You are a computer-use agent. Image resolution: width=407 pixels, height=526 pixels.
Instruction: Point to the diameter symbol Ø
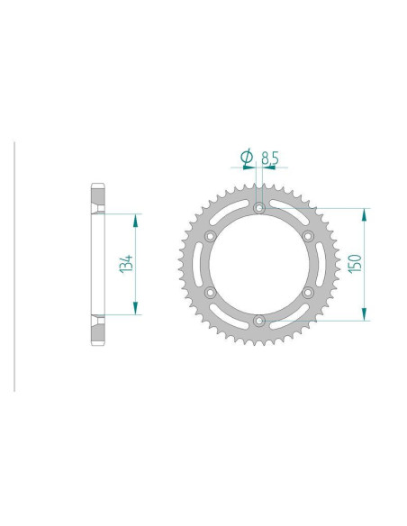click(x=246, y=159)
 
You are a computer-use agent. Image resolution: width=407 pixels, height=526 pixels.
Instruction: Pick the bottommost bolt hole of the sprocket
click(x=259, y=319)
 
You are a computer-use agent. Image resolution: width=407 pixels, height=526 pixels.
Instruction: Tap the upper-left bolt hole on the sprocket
click(x=211, y=236)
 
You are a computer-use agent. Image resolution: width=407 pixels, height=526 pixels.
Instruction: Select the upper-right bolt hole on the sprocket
click(x=307, y=236)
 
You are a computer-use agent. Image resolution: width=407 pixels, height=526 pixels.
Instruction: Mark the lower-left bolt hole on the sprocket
click(x=211, y=292)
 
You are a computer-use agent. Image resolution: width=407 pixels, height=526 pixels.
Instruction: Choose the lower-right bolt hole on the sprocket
click(x=307, y=292)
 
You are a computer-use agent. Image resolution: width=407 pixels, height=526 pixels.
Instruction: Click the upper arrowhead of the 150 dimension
click(x=365, y=214)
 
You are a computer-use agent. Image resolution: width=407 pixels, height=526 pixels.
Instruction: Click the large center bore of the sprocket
click(x=259, y=264)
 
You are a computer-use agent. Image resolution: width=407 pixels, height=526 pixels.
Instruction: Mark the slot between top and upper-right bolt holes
click(x=285, y=217)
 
